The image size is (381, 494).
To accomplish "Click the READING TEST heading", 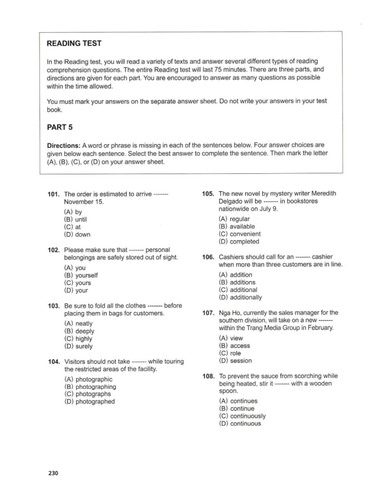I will [x=74, y=43].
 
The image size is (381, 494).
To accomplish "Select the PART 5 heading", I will [x=60, y=127].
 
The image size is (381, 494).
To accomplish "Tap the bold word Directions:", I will [x=63, y=146].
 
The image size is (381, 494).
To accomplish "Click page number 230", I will [x=53, y=473].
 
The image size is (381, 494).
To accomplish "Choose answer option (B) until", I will [x=76, y=219].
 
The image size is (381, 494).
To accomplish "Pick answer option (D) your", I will [x=76, y=290].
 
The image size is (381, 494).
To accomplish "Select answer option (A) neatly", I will [x=78, y=324].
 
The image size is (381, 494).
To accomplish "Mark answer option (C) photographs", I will [x=88, y=394].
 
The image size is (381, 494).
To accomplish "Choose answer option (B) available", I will [x=237, y=226].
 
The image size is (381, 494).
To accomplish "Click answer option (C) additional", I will [x=238, y=290].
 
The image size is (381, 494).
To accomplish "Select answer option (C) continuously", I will [x=243, y=416].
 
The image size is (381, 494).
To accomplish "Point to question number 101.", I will [x=53, y=194].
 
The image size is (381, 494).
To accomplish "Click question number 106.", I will [x=208, y=257].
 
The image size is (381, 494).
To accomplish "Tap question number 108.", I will [x=209, y=376].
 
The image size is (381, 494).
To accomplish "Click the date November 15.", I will [x=84, y=202].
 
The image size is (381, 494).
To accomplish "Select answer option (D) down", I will [x=77, y=234].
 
